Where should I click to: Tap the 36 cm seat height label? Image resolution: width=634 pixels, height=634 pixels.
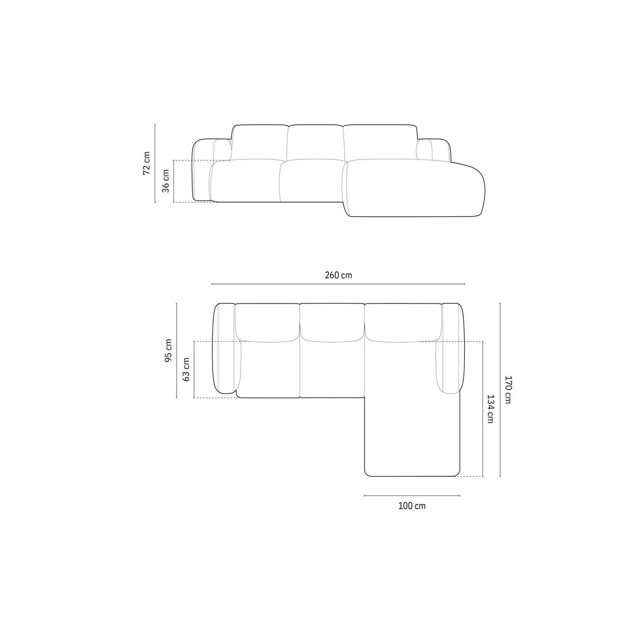166,181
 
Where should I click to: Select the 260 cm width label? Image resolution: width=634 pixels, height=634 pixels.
338,275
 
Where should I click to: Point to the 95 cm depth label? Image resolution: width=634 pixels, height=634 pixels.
168,350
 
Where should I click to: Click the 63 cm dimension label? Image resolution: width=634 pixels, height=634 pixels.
186,369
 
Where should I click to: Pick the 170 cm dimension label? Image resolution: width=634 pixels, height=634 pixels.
509,390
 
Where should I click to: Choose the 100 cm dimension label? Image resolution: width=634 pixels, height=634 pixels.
412,506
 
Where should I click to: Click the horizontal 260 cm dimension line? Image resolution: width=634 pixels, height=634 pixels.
338,284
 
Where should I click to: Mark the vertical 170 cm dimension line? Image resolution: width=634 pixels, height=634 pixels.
500,390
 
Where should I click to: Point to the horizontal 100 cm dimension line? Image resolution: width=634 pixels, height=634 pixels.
412,495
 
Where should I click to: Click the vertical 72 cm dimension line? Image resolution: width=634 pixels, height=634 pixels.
156,162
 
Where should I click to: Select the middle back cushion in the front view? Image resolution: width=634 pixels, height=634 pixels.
315,142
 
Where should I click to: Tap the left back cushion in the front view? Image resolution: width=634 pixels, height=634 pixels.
259,142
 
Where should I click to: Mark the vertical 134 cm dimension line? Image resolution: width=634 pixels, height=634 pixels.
483,409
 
